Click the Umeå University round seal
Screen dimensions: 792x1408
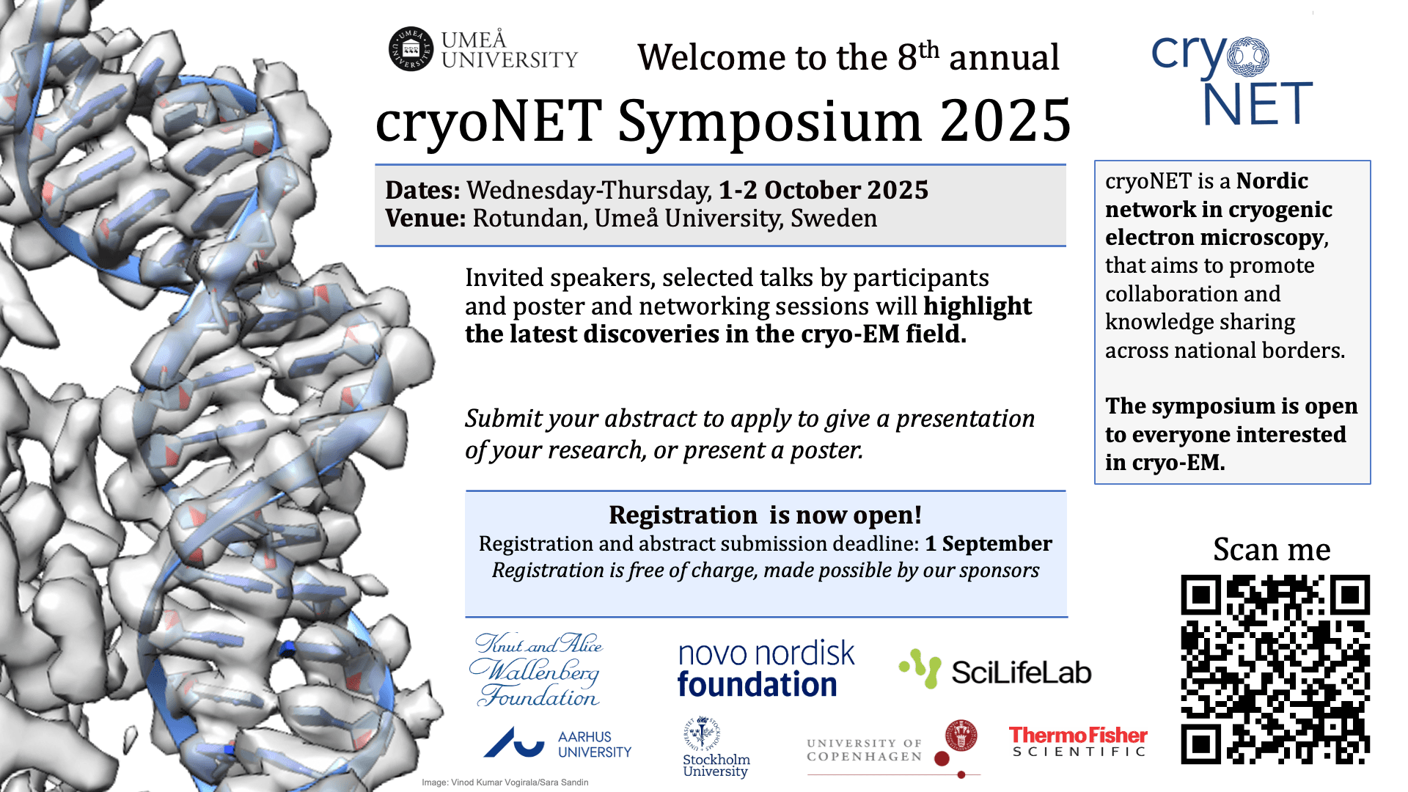(x=411, y=49)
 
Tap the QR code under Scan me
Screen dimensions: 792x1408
(x=1275, y=670)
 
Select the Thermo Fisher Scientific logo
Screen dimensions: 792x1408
(x=1078, y=741)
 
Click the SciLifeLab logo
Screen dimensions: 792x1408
(x=995, y=670)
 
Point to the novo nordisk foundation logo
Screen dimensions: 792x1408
(x=766, y=669)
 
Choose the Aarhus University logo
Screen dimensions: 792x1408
(x=557, y=744)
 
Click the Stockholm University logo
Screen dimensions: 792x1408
(x=715, y=747)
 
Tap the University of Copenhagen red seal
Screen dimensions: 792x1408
(x=961, y=735)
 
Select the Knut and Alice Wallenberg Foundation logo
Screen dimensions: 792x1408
(x=538, y=670)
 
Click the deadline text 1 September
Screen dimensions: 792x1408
(x=988, y=543)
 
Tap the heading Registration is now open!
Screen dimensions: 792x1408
(x=765, y=515)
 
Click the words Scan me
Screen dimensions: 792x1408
(x=1272, y=549)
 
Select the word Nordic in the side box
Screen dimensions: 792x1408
(x=1272, y=181)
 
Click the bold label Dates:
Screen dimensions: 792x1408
(x=422, y=190)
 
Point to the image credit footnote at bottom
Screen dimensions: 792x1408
(x=505, y=782)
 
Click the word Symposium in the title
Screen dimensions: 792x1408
(x=771, y=121)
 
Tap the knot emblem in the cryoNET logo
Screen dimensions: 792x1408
(x=1248, y=57)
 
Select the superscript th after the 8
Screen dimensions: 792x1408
(x=928, y=49)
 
